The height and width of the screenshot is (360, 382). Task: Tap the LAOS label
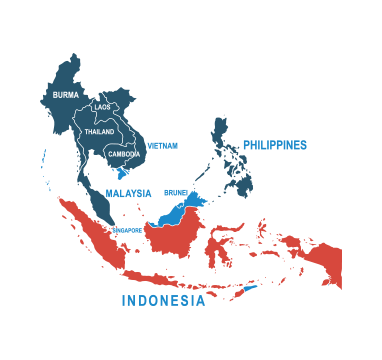coord(102,107)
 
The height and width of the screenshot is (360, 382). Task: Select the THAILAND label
coord(99,131)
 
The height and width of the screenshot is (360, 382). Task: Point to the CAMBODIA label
coord(124,154)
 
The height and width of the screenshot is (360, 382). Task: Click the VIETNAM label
coord(162,145)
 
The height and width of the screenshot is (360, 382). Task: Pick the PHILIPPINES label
coord(274,145)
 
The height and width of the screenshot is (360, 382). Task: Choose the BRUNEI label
coord(176,191)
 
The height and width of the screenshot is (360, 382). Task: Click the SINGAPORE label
coord(126,229)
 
